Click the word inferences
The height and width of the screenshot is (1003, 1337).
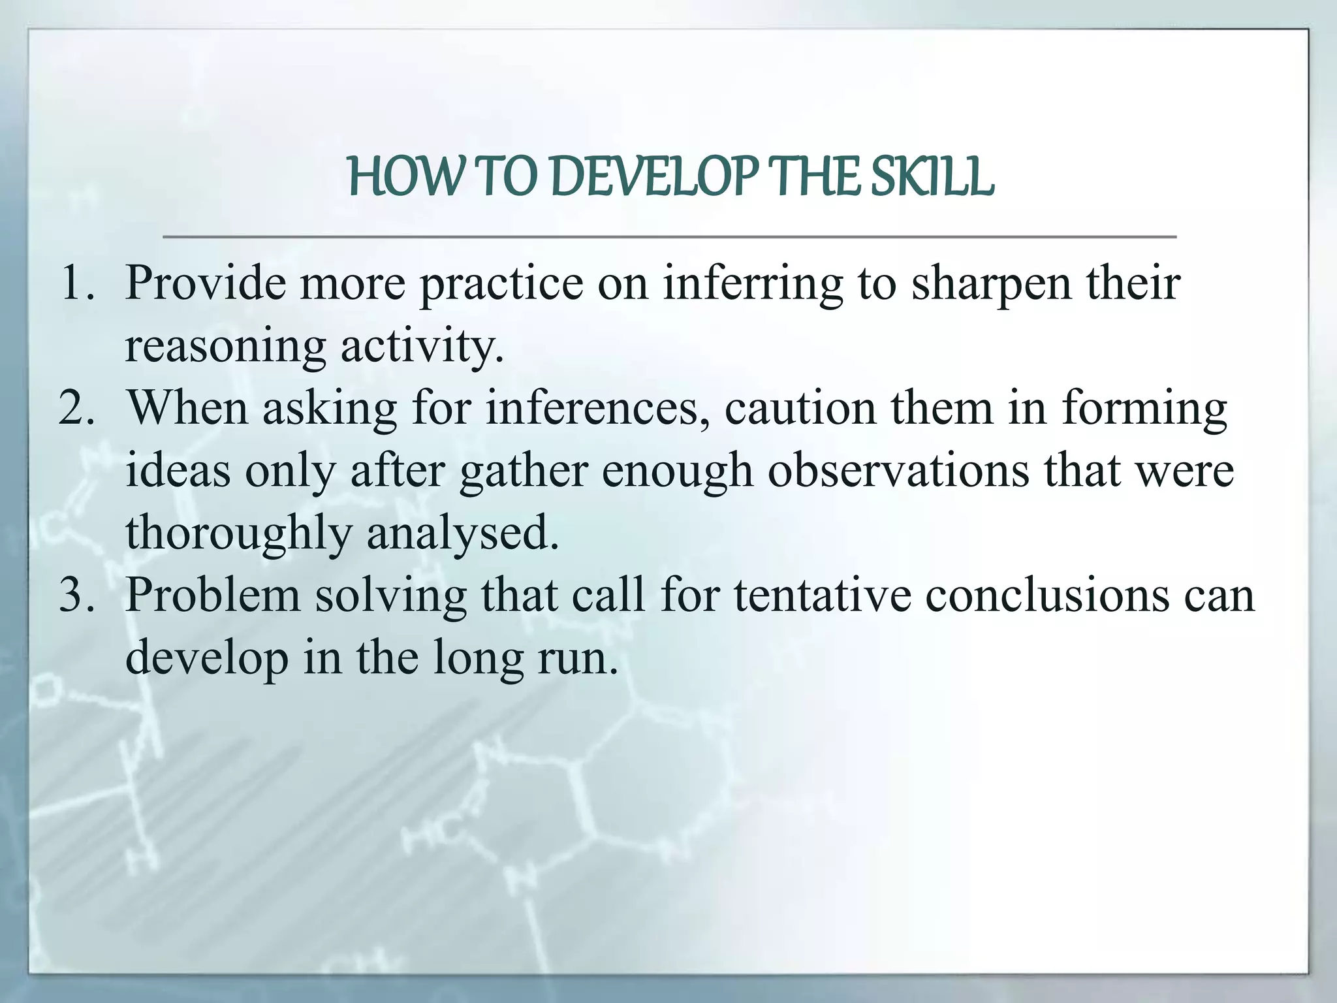pyautogui.click(x=597, y=408)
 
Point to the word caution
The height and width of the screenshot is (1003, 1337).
pyautogui.click(x=800, y=408)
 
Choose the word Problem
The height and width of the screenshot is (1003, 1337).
pyautogui.click(x=212, y=596)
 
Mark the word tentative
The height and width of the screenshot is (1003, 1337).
pyautogui.click(x=823, y=596)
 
